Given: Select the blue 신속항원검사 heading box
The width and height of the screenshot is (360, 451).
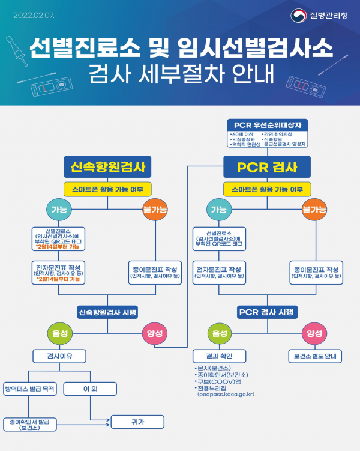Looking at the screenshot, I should (x=107, y=166).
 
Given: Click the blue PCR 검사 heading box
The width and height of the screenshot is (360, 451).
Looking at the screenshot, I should (x=267, y=166).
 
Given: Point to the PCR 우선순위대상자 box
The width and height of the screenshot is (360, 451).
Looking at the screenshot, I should (x=268, y=124).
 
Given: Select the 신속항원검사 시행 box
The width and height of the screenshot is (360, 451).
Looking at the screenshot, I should (x=107, y=312).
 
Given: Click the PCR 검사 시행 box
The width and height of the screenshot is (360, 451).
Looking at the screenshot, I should (x=267, y=312).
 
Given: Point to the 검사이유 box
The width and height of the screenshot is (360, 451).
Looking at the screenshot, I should (x=59, y=356).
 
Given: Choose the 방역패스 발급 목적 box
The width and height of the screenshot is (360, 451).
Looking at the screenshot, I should (x=29, y=389).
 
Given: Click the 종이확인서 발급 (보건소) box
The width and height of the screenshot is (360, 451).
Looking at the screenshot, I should (x=29, y=425).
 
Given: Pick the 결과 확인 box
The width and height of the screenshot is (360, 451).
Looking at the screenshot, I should (x=219, y=356).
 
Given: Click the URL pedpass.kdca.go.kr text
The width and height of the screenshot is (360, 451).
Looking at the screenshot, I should (x=226, y=394).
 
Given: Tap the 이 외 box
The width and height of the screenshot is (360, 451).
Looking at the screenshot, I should (x=89, y=389).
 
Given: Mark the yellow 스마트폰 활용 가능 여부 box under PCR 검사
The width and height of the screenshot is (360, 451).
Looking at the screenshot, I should (x=267, y=189).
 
